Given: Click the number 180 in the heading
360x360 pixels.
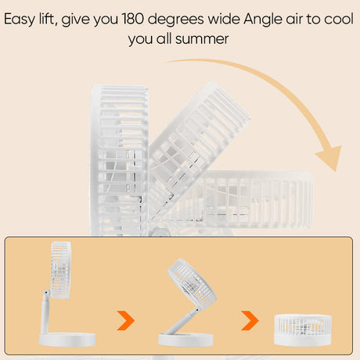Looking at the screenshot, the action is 132,19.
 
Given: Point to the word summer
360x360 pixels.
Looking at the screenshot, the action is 202,39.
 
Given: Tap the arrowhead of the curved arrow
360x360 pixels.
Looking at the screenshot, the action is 329,157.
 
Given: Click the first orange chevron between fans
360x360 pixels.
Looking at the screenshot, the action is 126,320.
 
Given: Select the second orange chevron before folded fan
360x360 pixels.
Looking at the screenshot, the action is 250,320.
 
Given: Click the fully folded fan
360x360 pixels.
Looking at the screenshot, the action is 303,329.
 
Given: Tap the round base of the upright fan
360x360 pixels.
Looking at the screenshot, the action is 67,340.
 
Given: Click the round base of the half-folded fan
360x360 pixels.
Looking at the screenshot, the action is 185,340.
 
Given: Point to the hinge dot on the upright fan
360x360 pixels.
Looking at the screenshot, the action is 46,293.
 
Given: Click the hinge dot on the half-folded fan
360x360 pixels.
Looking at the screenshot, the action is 197,310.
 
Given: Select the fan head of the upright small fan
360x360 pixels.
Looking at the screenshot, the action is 61,270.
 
